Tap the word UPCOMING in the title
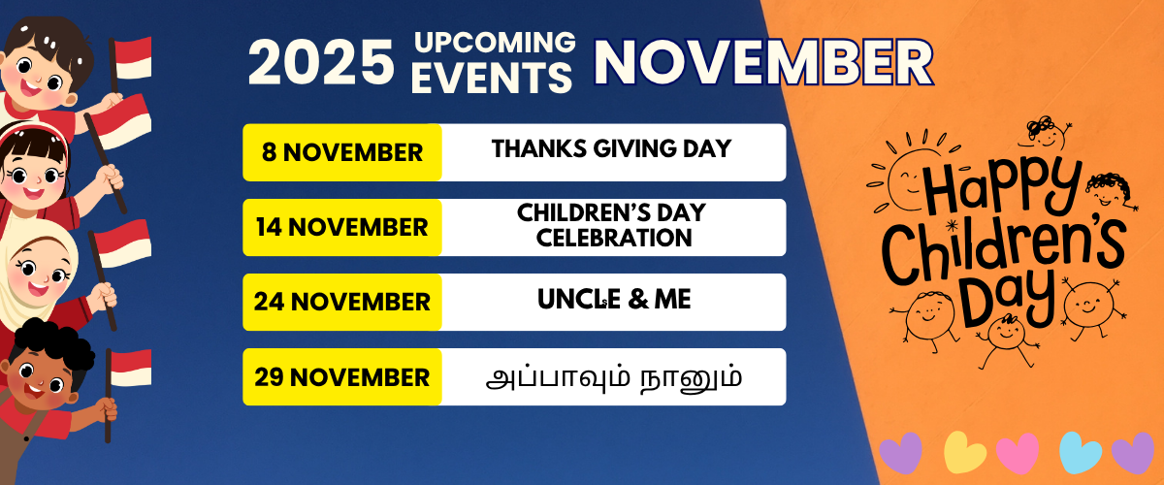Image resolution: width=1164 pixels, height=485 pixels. (494, 43)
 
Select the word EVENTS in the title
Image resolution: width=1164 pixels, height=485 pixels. (492, 78)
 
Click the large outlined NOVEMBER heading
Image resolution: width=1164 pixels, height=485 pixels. (763, 62)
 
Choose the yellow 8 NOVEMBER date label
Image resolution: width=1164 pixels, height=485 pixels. (342, 152)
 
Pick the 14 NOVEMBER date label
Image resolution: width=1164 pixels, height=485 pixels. (342, 227)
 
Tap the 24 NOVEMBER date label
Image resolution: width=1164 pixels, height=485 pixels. (342, 302)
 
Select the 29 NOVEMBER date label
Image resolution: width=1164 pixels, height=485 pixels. (342, 376)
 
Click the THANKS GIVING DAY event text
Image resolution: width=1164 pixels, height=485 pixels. (611, 149)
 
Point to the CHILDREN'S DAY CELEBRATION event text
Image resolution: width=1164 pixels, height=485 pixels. (611, 225)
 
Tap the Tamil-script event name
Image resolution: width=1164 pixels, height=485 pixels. (613, 376)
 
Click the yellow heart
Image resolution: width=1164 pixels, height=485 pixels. (964, 451)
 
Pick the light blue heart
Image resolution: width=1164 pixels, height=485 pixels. (1080, 451)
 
